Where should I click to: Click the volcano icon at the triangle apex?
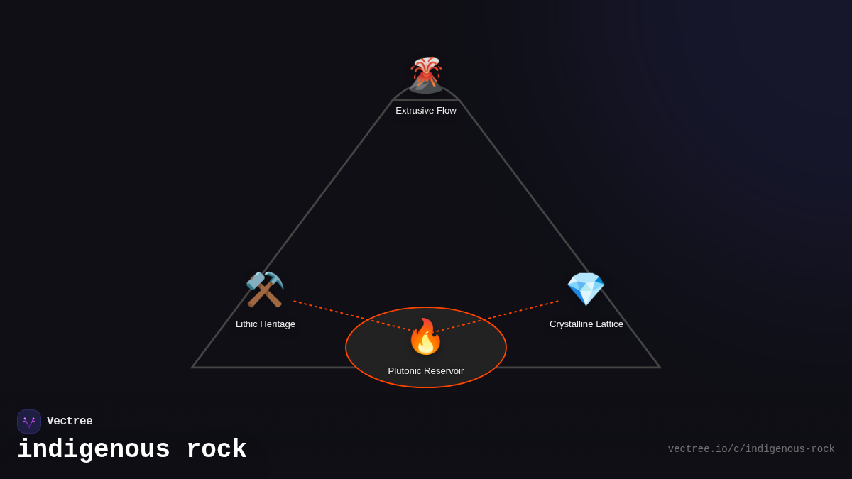click(x=426, y=75)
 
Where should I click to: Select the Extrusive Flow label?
click(x=426, y=111)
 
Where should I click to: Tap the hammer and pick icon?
click(x=265, y=290)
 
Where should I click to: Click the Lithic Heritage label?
click(x=266, y=324)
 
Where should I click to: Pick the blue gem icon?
click(x=586, y=289)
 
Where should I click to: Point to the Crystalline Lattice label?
click(x=586, y=324)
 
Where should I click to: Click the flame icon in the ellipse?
click(x=425, y=337)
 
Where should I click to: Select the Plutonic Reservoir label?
click(x=426, y=371)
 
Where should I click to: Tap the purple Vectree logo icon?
click(x=29, y=422)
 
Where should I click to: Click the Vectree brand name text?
click(x=70, y=422)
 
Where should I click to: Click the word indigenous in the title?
click(x=94, y=450)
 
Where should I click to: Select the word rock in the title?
click(x=217, y=450)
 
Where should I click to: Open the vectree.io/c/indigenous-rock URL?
click(x=751, y=449)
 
